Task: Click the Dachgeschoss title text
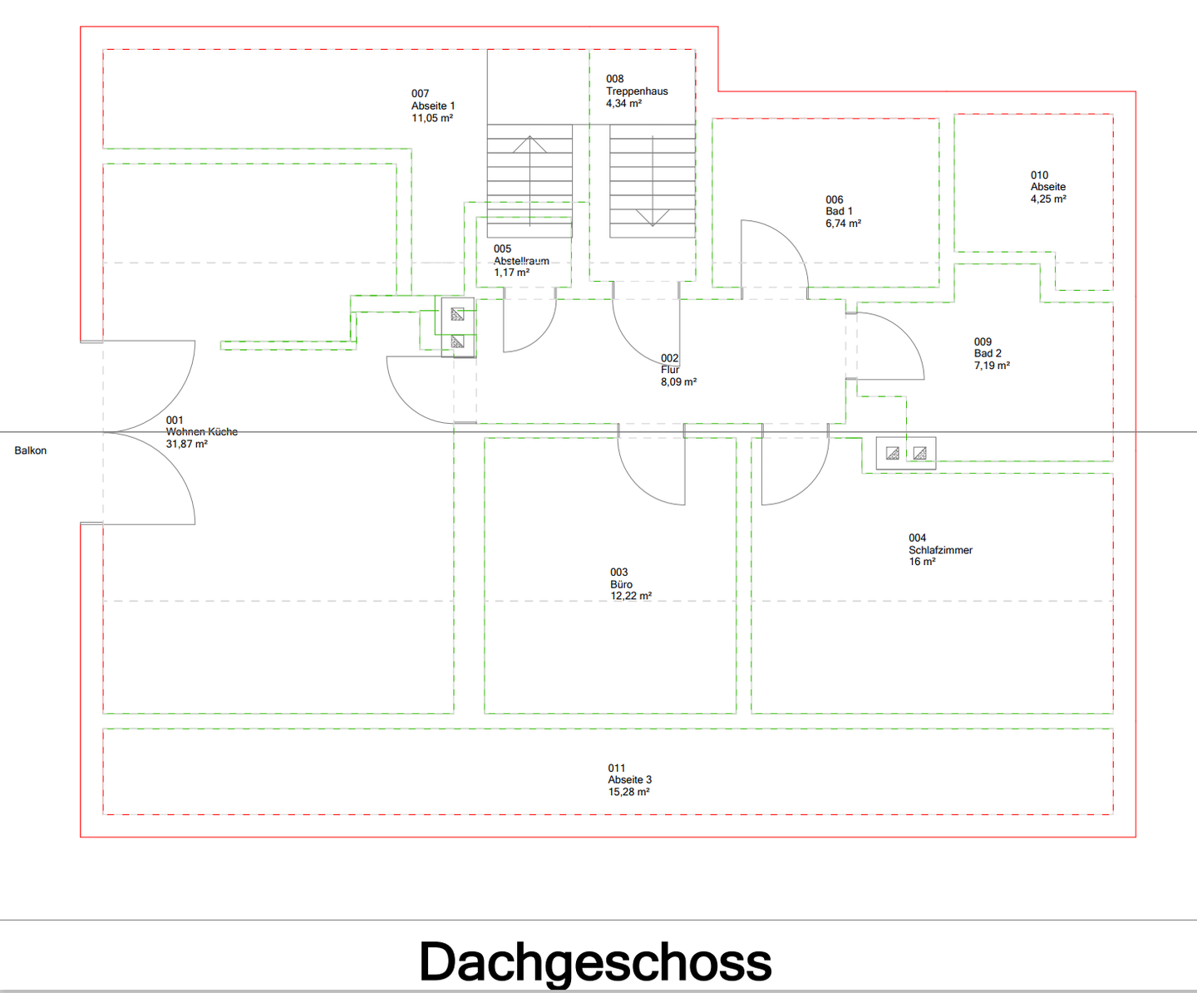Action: [x=595, y=962]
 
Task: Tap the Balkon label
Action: [x=31, y=450]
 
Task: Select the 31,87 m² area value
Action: [x=187, y=445]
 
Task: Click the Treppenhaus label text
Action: [x=637, y=91]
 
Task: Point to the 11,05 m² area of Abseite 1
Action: [x=432, y=118]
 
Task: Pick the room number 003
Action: [x=619, y=573]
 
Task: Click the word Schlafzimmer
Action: [x=940, y=550]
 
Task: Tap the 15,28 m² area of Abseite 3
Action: [x=629, y=792]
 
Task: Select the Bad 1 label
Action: [x=839, y=211]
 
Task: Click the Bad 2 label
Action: [x=988, y=353]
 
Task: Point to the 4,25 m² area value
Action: [x=1048, y=199]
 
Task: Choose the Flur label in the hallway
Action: [x=670, y=370]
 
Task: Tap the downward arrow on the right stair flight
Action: [x=653, y=218]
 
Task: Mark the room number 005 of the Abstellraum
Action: [x=503, y=248]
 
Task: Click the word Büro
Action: [x=622, y=584]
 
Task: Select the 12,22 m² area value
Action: [x=631, y=597]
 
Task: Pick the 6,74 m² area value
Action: [x=843, y=224]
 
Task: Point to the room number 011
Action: [x=617, y=768]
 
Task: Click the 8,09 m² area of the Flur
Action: [x=679, y=382]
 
